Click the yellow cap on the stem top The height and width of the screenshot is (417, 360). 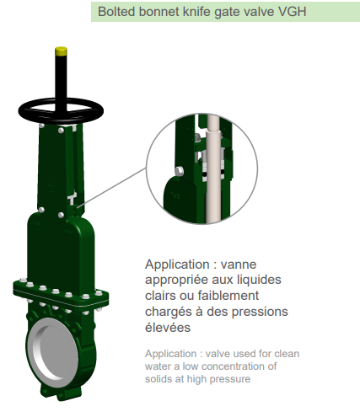click(x=61, y=51)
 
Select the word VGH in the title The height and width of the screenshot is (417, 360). click(x=292, y=12)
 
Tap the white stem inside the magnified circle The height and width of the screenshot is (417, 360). click(x=212, y=168)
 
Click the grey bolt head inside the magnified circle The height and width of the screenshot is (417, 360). click(x=180, y=171)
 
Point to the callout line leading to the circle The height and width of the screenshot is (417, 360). click(x=111, y=188)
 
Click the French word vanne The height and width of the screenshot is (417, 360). click(x=239, y=265)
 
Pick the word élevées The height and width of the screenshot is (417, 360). click(x=168, y=328)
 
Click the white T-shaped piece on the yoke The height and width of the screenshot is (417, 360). click(x=72, y=198)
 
